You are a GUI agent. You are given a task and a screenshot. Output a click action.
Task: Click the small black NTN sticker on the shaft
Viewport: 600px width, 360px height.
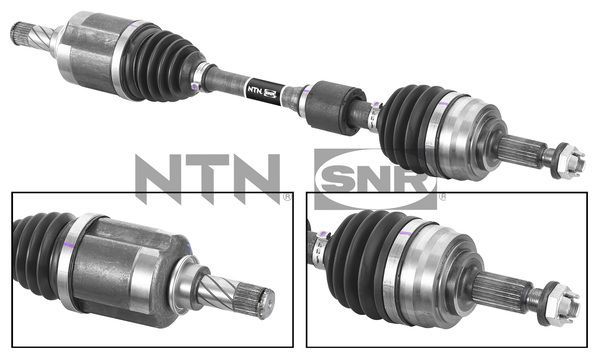tap(258, 89)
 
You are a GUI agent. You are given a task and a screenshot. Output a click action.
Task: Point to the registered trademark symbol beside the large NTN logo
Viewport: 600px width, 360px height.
tap(287, 196)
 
